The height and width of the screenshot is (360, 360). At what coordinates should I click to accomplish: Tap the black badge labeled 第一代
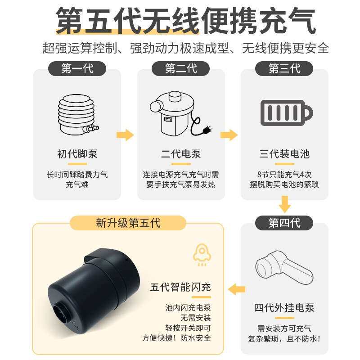(77, 69)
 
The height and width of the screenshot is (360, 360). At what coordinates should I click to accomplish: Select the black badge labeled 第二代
(181, 69)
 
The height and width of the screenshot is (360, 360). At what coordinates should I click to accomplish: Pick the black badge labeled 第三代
(284, 69)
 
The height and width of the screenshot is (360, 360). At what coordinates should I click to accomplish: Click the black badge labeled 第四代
(284, 223)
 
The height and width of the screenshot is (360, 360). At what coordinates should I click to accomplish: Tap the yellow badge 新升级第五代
(128, 223)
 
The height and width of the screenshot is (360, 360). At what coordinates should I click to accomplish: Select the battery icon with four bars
(286, 111)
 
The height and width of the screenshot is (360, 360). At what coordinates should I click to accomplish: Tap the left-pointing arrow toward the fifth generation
(237, 288)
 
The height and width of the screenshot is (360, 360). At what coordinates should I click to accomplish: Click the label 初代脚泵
(77, 154)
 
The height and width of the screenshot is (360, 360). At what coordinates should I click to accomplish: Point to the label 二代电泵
(181, 154)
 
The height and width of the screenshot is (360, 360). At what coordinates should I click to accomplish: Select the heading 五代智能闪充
(180, 287)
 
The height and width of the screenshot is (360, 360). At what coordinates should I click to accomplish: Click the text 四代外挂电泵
(284, 308)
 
